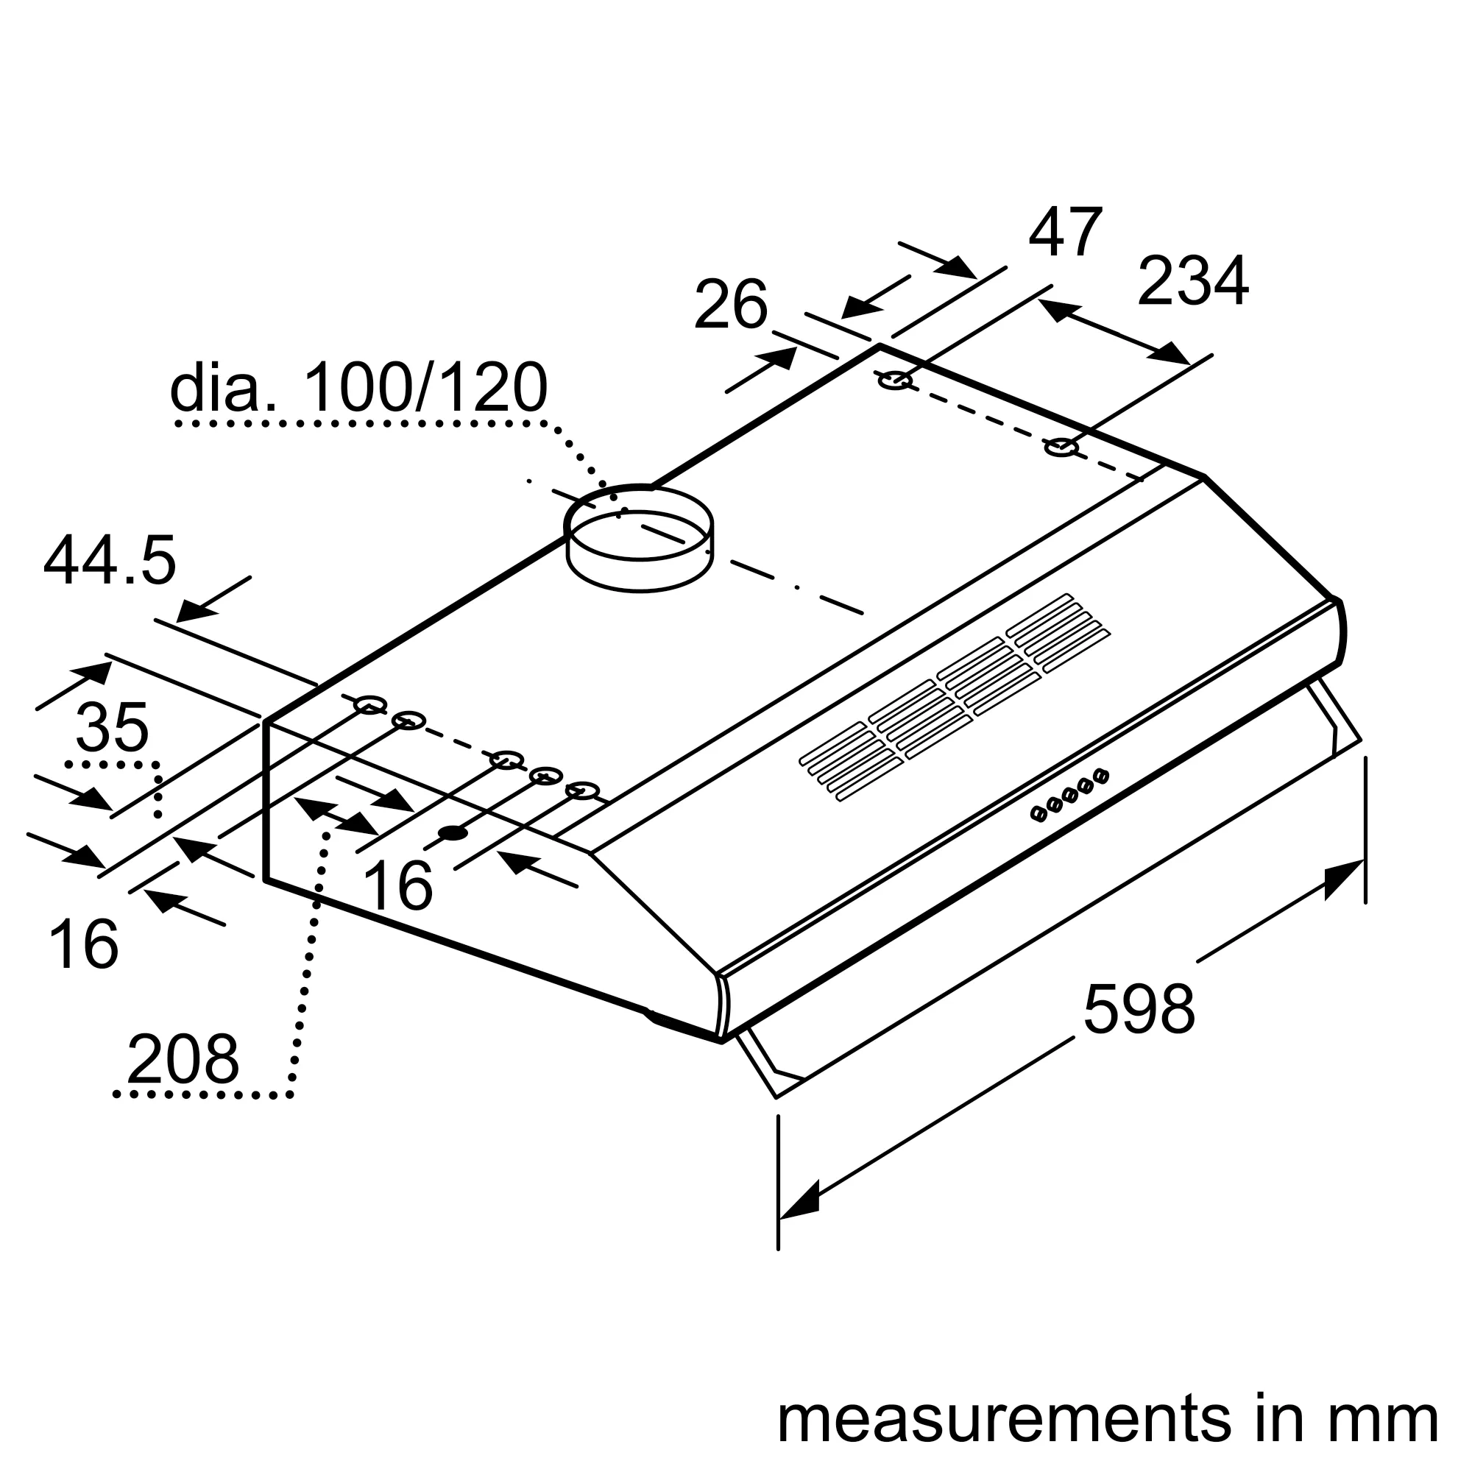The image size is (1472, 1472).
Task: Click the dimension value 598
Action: point(1139,1010)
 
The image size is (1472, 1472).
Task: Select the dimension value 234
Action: point(1192,281)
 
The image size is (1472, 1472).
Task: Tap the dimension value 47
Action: point(1065,233)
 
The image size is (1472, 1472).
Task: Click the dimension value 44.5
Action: point(110,561)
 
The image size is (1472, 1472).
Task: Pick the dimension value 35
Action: point(112,728)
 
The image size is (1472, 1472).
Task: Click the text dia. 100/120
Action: point(358,388)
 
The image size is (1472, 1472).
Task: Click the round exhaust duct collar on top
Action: point(638,537)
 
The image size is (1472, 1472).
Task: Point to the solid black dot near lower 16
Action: point(453,832)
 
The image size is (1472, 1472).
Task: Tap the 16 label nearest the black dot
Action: point(397,885)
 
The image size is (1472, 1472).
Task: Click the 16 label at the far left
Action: point(83,945)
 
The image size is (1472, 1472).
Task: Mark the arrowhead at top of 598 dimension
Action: point(1345,880)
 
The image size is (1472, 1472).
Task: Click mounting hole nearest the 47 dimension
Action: point(896,380)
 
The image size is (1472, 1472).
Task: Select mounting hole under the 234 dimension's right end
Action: point(1061,447)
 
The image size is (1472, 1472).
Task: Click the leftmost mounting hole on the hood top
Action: point(369,705)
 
